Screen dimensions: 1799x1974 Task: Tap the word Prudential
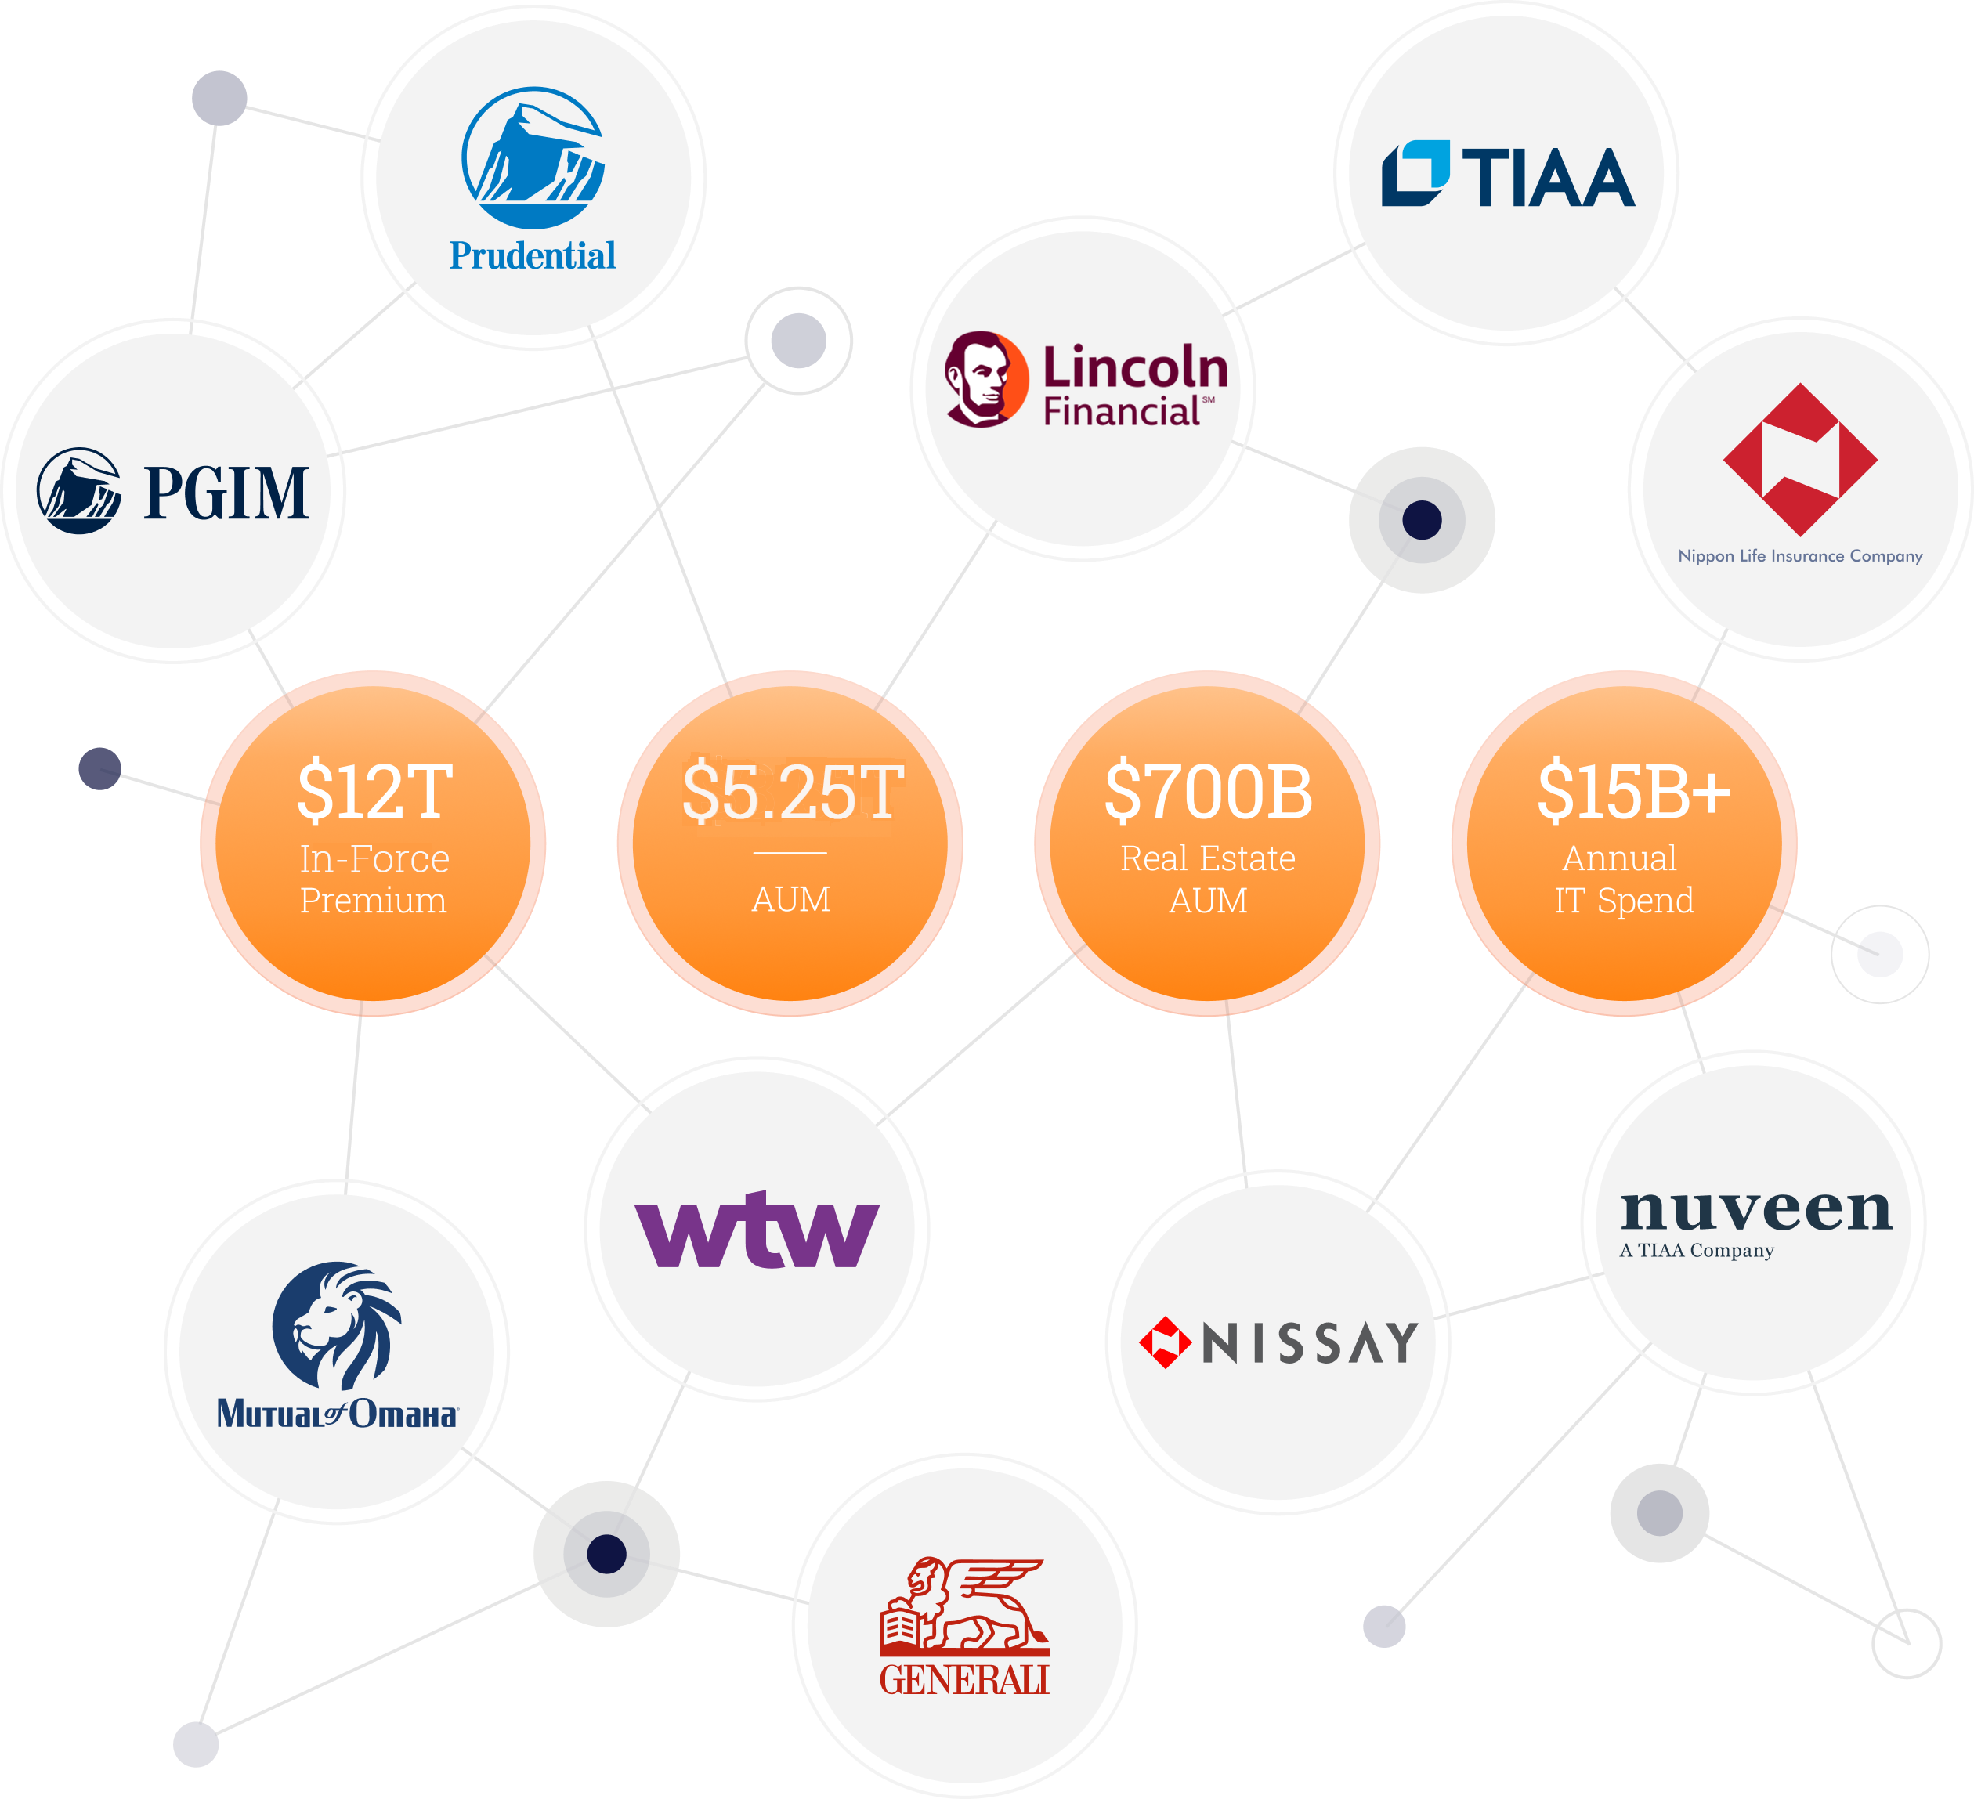(x=533, y=256)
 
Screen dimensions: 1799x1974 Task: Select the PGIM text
(x=226, y=493)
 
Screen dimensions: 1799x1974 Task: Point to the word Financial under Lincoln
(x=1122, y=412)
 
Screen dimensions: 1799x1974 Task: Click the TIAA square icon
(x=1415, y=174)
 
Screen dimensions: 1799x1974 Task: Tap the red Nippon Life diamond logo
(x=1800, y=460)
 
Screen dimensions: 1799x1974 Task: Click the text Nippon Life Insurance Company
(x=1800, y=556)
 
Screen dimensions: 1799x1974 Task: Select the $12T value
(x=374, y=791)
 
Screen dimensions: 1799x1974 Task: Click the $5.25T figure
(x=791, y=791)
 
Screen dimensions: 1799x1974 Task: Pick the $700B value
(x=1208, y=791)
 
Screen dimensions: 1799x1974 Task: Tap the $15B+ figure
(x=1633, y=791)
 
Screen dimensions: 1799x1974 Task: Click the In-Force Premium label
(x=374, y=879)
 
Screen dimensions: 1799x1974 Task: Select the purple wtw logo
(x=757, y=1230)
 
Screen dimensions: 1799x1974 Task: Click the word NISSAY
(x=1310, y=1343)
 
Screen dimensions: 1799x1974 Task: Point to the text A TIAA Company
(x=1696, y=1251)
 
